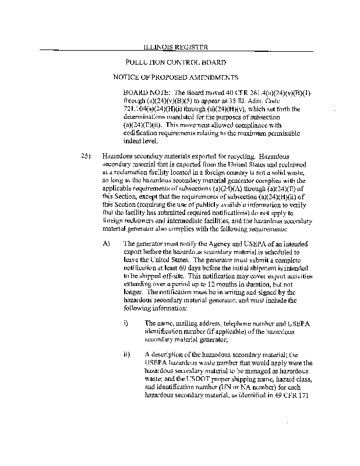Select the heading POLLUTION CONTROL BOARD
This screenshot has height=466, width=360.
coord(175,62)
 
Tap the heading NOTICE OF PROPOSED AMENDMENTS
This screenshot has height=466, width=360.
coord(176,77)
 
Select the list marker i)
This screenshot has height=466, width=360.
coord(126,322)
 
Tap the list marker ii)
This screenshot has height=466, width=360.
coord(126,354)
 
